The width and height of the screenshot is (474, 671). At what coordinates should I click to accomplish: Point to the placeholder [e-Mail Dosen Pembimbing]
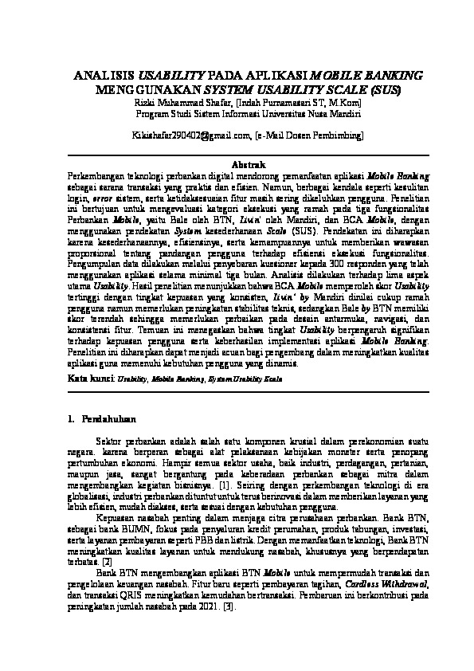pos(303,136)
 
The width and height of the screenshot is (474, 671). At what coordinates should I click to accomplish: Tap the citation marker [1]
pos(225,485)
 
